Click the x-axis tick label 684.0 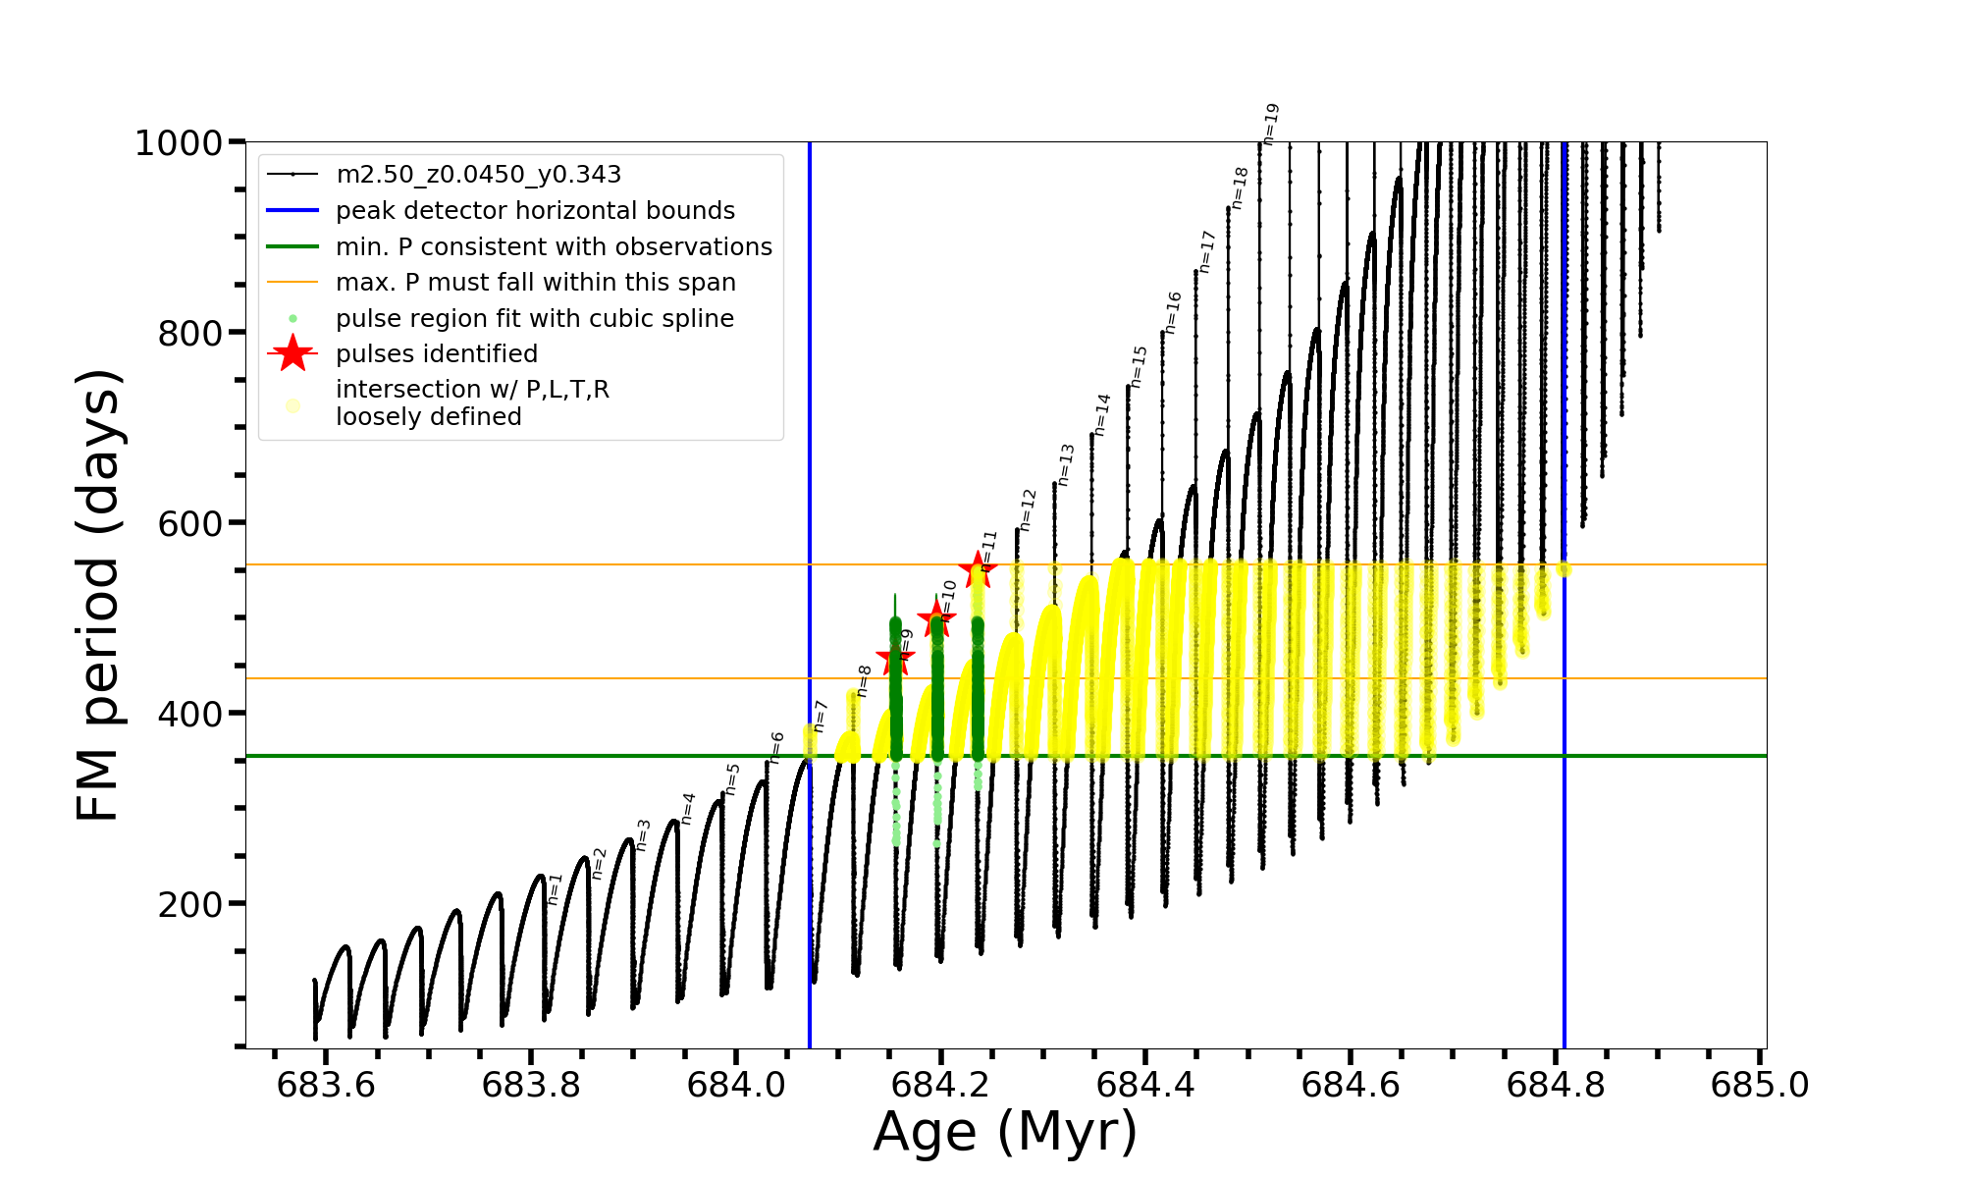[x=736, y=1086]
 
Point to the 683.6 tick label [x=326, y=1086]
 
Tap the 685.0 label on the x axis [x=1760, y=1086]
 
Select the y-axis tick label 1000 [x=179, y=144]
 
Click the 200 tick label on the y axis [x=190, y=904]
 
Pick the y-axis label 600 [x=190, y=524]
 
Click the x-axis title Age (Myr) [x=1005, y=1132]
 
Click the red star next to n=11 [x=978, y=569]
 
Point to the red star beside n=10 [x=935, y=618]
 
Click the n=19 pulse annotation [x=1270, y=125]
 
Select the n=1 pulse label [x=555, y=888]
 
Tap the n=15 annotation [x=1139, y=367]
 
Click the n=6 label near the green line [x=776, y=748]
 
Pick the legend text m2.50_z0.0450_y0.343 [x=478, y=175]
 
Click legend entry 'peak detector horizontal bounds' [x=535, y=211]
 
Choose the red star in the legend [x=292, y=353]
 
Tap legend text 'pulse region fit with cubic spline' [x=534, y=319]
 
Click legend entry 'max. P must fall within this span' [x=535, y=283]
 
